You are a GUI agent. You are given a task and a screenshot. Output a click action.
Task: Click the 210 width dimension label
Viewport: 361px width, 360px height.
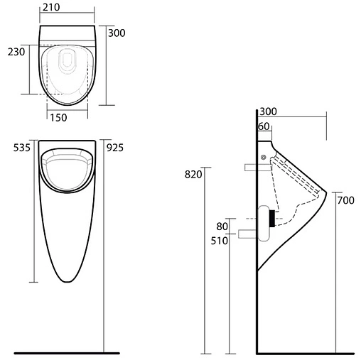coord(51,7)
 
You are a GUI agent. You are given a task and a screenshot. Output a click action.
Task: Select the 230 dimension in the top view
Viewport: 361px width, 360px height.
coord(16,52)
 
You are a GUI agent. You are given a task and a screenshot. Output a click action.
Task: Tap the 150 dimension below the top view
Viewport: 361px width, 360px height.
coord(58,118)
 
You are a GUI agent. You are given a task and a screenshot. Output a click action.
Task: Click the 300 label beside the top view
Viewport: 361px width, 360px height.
coord(117,33)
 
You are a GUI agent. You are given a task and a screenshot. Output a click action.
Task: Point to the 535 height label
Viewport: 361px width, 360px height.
coord(22,148)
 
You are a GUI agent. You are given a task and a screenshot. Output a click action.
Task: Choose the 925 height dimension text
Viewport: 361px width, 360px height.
coord(115,148)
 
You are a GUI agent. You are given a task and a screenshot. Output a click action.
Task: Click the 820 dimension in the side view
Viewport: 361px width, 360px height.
coord(193,175)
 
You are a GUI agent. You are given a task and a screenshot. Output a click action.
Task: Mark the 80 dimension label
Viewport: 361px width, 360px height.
coord(222,227)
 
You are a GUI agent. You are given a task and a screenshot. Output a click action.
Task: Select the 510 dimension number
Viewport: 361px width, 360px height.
coord(220,241)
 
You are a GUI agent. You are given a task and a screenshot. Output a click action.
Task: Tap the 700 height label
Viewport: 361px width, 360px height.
coord(346,200)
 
